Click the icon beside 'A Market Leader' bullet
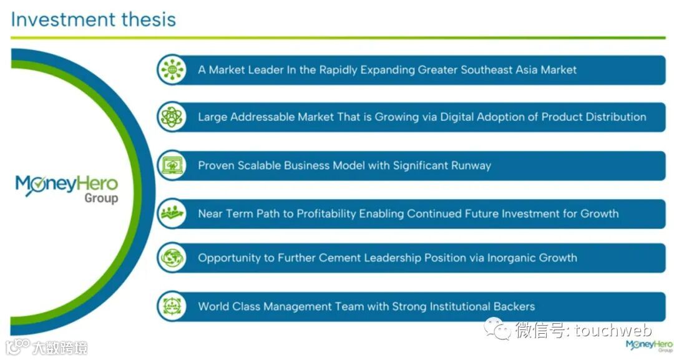(x=172, y=70)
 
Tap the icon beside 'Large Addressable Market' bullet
(x=172, y=117)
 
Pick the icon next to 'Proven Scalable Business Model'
(x=172, y=166)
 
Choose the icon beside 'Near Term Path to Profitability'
(x=172, y=214)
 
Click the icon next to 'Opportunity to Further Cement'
(x=172, y=258)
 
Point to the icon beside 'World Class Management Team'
(x=172, y=306)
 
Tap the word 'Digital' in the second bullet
(x=458, y=117)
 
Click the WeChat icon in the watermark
(x=497, y=328)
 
